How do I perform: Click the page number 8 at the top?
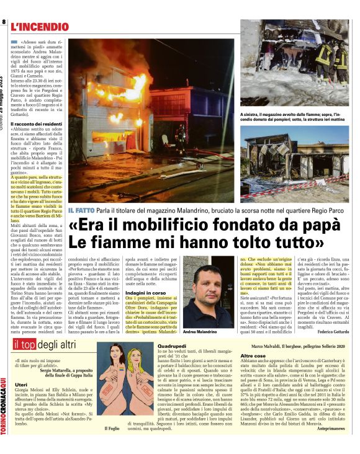click(x=4, y=22)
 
